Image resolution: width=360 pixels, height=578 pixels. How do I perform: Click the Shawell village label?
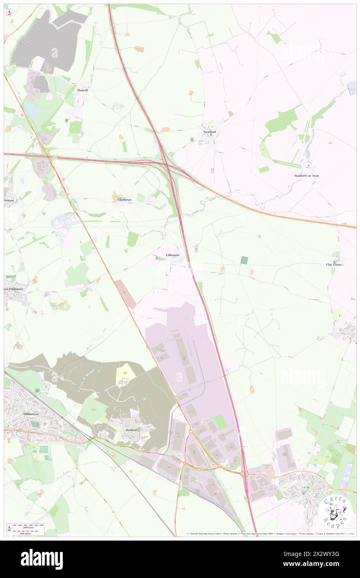point(82,90)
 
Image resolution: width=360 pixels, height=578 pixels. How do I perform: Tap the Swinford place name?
point(209,132)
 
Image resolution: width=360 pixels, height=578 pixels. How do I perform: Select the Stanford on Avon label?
point(306,176)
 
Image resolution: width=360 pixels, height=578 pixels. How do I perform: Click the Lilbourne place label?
point(172,254)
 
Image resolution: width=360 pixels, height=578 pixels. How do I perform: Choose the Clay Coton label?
point(334,264)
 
